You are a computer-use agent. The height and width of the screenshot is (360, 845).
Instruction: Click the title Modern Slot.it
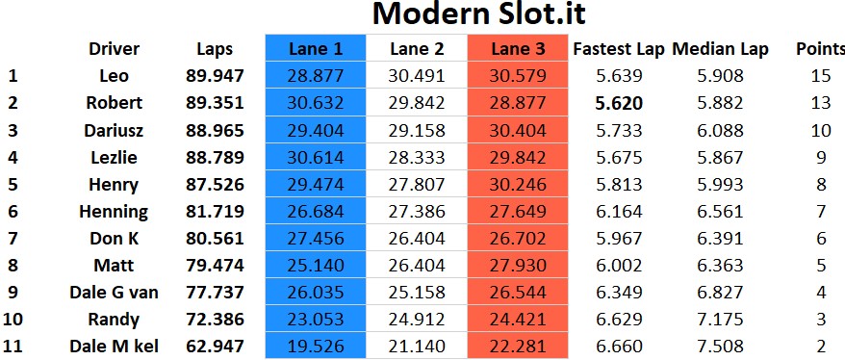478,14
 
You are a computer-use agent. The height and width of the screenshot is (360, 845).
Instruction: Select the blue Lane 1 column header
316,48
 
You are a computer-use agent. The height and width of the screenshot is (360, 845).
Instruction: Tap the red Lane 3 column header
518,48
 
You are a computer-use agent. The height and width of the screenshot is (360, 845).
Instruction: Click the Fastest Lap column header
619,49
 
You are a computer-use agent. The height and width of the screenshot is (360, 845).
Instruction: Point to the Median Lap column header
720,49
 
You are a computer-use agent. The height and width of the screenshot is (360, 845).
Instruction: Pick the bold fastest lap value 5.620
619,103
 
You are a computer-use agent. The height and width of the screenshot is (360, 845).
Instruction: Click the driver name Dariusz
114,130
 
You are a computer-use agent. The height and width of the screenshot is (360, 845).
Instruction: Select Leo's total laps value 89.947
215,76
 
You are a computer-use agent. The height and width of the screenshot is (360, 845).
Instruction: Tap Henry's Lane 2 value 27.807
417,184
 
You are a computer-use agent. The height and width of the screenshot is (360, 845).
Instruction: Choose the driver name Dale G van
114,292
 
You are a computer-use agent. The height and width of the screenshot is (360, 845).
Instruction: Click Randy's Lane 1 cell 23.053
316,319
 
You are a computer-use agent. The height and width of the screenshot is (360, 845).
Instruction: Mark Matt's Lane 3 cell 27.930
518,265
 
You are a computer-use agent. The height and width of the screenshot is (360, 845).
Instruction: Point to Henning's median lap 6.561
720,211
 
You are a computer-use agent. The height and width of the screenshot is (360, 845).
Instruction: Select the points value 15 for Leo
821,76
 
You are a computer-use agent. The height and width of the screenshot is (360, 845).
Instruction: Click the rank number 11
13,346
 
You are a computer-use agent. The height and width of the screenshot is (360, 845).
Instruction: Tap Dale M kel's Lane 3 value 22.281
518,346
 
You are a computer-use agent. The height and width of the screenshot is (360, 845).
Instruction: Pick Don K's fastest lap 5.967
619,238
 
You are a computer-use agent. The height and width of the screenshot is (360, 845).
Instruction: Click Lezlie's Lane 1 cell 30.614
316,157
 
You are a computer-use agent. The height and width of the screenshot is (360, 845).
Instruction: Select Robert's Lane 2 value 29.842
417,103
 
